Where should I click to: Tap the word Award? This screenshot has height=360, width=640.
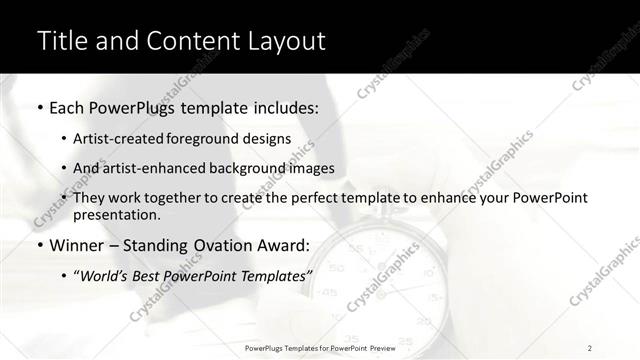286,246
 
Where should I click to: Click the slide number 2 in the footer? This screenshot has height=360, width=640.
590,348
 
